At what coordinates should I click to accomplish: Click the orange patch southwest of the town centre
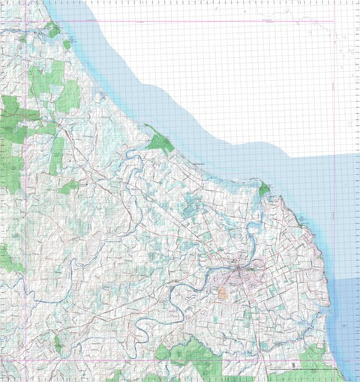(223, 293)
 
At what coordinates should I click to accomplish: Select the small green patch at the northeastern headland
(263, 190)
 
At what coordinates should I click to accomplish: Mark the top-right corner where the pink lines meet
(334, 21)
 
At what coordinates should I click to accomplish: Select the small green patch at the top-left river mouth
(52, 30)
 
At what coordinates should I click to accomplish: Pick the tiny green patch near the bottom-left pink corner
(57, 345)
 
